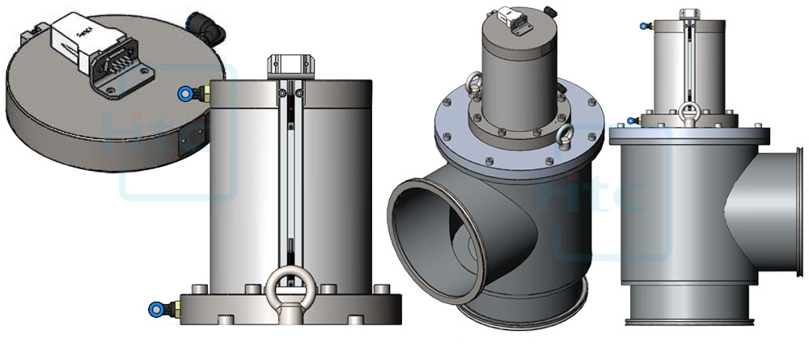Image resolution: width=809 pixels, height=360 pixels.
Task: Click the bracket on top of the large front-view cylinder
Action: (289, 63)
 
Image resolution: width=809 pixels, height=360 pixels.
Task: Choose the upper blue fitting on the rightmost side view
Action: (644, 27)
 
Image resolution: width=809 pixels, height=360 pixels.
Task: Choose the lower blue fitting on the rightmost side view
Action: (631, 122)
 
